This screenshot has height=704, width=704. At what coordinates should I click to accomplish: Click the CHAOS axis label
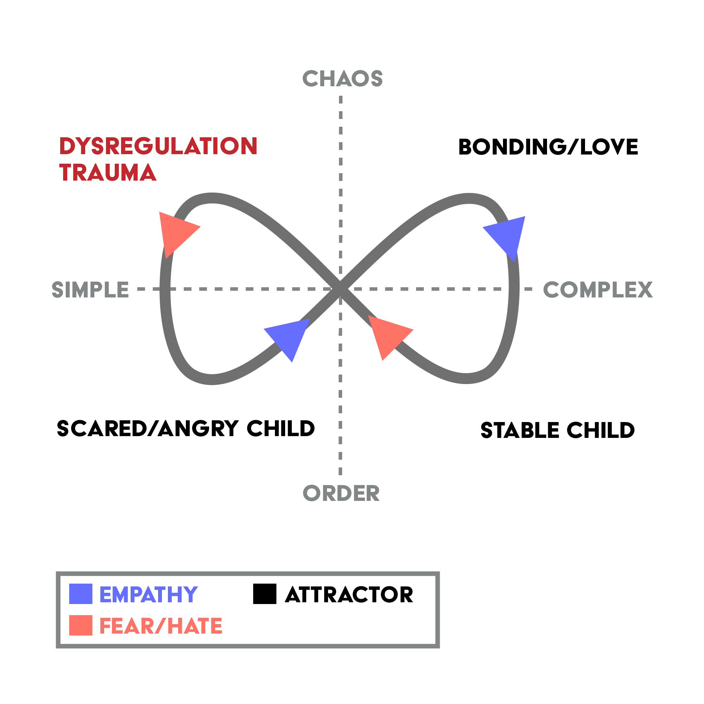pyautogui.click(x=342, y=78)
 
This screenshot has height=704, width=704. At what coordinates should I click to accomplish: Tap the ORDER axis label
pyautogui.click(x=341, y=494)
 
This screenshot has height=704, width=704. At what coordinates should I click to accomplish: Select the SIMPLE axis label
pyautogui.click(x=90, y=290)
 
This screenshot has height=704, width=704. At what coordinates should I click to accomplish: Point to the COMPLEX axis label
pyautogui.click(x=598, y=290)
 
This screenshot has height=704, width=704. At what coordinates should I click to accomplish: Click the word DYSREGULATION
pyautogui.click(x=158, y=146)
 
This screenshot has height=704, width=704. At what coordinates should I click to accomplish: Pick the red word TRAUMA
pyautogui.click(x=108, y=172)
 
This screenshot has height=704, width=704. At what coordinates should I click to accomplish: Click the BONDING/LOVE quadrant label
pyautogui.click(x=548, y=147)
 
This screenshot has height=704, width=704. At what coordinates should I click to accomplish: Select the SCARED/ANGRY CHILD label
pyautogui.click(x=186, y=428)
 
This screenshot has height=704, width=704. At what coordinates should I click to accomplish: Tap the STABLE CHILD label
pyautogui.click(x=558, y=430)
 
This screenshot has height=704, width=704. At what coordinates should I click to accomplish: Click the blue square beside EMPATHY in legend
pyautogui.click(x=81, y=594)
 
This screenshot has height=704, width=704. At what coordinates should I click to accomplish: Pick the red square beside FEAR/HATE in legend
pyautogui.click(x=81, y=626)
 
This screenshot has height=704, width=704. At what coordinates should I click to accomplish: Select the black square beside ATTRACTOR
pyautogui.click(x=265, y=594)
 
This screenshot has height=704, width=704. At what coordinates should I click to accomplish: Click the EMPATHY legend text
pyautogui.click(x=148, y=595)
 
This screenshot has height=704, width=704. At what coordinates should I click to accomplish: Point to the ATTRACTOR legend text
pyautogui.click(x=349, y=595)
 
